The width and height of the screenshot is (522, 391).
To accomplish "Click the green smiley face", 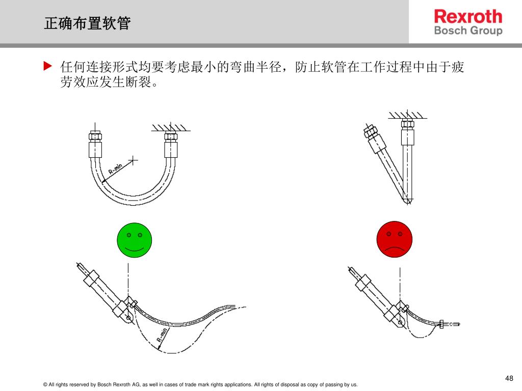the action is [135, 240].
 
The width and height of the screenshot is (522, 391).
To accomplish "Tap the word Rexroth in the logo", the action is [468, 17].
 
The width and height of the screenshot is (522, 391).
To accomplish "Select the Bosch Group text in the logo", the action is [468, 31].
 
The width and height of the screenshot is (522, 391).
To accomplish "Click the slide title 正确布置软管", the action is [87, 23].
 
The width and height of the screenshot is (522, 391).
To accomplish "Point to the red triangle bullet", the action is [47, 66].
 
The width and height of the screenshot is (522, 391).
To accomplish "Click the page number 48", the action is [509, 378].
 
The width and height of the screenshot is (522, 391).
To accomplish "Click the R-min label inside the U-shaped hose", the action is [116, 167].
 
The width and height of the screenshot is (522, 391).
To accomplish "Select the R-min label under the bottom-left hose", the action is [162, 334].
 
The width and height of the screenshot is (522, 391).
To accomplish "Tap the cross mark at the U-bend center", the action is [133, 160].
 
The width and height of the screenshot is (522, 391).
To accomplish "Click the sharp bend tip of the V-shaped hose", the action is [407, 201].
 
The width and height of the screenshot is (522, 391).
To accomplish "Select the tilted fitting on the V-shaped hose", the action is [372, 133].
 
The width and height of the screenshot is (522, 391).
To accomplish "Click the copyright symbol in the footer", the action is [45, 385].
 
